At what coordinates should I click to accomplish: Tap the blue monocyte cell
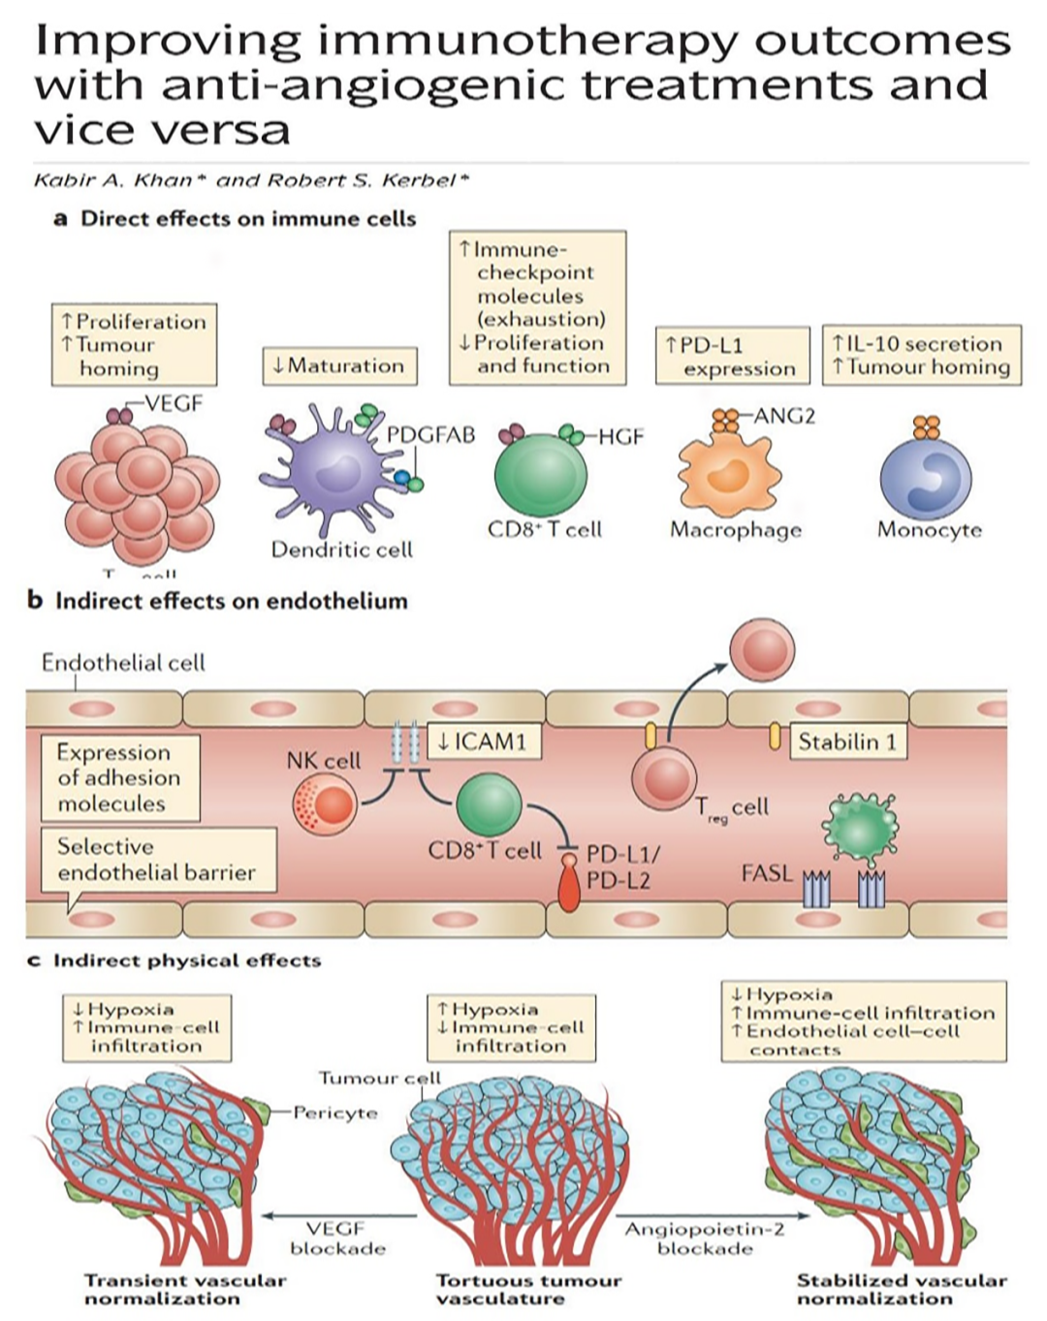(925, 478)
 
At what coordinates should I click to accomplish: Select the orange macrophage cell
(728, 473)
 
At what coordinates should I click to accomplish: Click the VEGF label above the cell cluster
(174, 404)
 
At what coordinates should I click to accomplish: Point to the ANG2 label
(784, 417)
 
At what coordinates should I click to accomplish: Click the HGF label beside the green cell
(620, 437)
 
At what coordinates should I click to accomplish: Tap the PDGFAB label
(430, 435)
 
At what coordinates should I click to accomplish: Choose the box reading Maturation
(339, 366)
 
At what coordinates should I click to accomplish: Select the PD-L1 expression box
(732, 356)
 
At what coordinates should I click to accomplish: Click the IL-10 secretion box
(921, 355)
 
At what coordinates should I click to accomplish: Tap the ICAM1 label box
(482, 742)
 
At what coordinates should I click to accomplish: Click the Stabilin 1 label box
(847, 742)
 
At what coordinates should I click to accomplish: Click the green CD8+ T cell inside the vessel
(489, 803)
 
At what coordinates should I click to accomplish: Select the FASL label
(766, 873)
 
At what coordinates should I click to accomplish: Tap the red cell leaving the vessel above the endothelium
(762, 650)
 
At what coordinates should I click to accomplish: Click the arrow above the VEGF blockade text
(338, 1215)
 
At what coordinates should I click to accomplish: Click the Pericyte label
(334, 1113)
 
